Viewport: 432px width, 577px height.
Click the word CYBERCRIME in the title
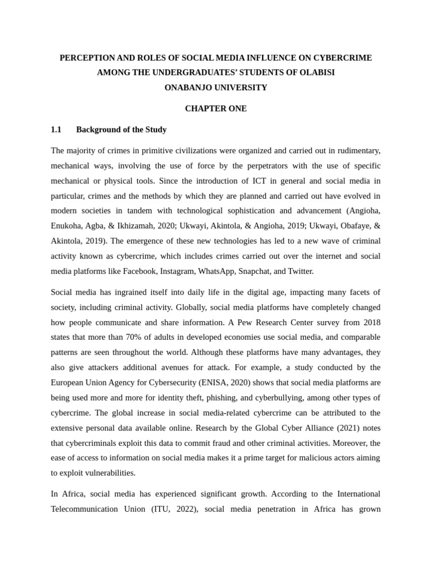tap(341, 58)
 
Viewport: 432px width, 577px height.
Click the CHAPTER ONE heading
tap(215, 108)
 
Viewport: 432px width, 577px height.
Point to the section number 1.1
tap(56, 130)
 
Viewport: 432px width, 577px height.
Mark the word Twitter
tap(300, 271)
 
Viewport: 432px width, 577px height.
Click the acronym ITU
tap(160, 509)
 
